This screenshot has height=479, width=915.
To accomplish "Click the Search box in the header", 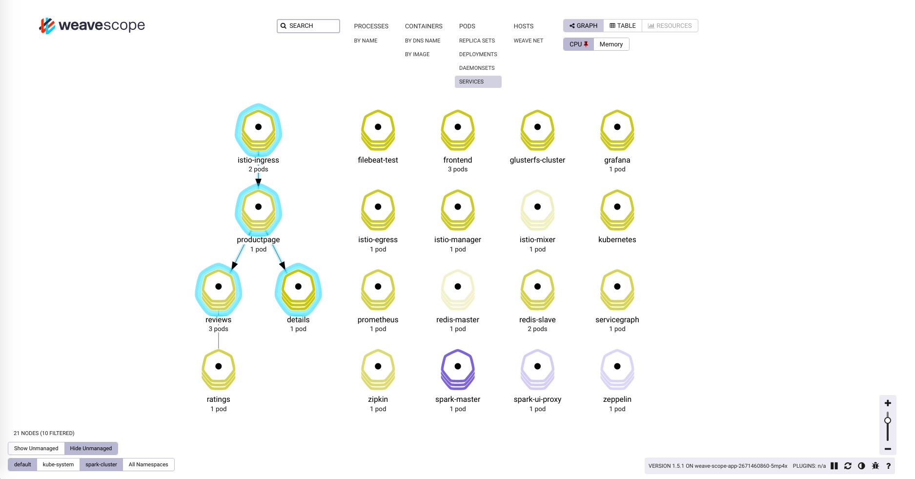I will pos(308,26).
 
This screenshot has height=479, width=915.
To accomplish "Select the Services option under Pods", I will pos(471,82).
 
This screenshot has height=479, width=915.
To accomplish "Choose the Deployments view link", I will pos(478,54).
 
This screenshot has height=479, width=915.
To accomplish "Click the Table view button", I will pos(623,26).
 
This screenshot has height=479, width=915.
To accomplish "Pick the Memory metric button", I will pos(611,44).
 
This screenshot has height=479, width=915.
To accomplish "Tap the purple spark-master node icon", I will pos(458,368).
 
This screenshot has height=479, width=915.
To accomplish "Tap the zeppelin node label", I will pos(617,399).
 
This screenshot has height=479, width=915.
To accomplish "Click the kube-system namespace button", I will pos(58,465).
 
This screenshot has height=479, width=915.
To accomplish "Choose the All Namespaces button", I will pos(148,465).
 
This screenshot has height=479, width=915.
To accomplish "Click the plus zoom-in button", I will pos(888,403).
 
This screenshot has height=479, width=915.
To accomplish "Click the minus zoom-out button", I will pos(888,449).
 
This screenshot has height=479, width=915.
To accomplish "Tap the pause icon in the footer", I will pos(834,466).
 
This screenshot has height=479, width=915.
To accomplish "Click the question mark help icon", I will pos(888,466).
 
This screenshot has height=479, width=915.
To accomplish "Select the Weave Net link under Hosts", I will pos(528,41).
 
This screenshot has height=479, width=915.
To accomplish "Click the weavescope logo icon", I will pos(47,25).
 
